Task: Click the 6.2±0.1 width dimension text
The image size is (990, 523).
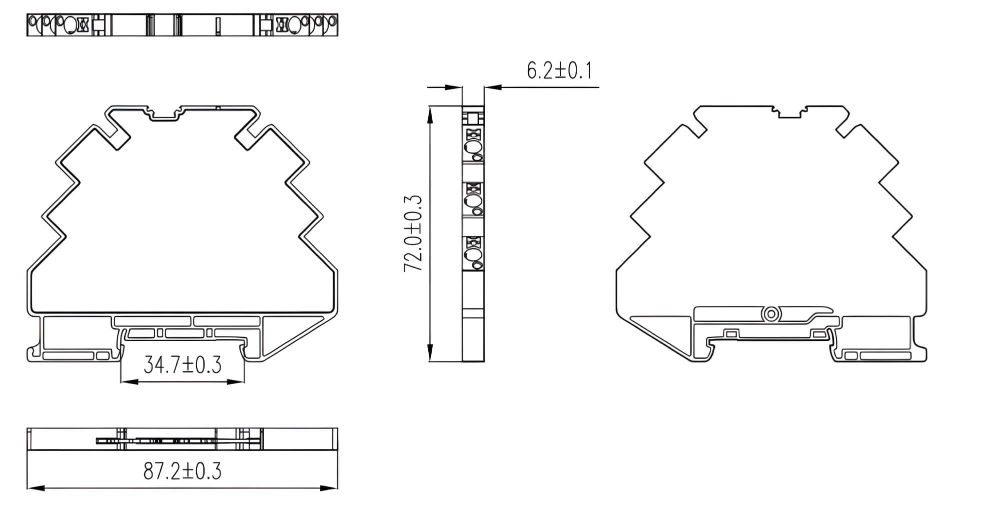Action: point(559,70)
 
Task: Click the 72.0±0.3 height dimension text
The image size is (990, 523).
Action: point(413,233)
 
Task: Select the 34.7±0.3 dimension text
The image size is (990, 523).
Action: point(182,364)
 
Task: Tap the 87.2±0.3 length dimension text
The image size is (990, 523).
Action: point(182,471)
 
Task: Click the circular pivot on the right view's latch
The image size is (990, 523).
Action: point(771,314)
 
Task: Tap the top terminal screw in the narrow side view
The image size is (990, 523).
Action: point(473,147)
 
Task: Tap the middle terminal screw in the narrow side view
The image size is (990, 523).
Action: point(473,201)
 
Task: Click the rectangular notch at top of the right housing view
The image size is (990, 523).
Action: point(789,113)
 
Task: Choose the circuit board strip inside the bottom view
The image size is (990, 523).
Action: point(178,441)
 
